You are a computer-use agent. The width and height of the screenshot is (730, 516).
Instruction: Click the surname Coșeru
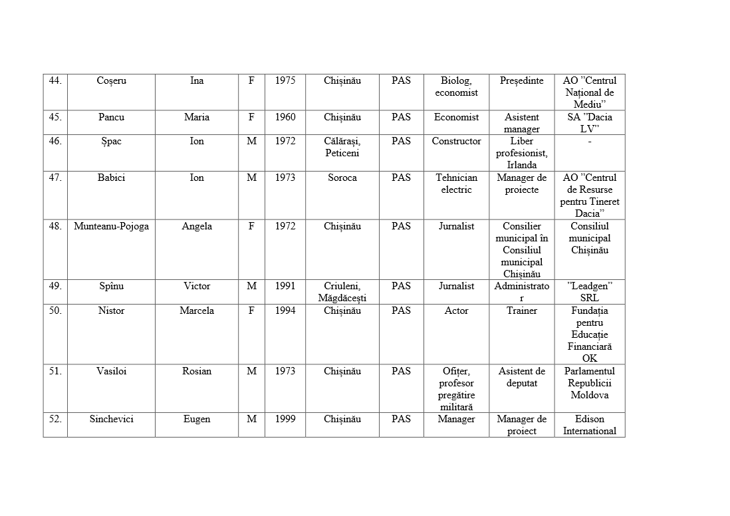click(x=111, y=81)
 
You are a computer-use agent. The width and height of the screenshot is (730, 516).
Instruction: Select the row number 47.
click(x=55, y=178)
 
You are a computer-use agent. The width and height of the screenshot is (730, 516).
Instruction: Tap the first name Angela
click(x=197, y=227)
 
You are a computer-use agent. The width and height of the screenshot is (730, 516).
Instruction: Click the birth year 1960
click(x=285, y=118)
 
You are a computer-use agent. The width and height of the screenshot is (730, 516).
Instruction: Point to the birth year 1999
click(x=285, y=420)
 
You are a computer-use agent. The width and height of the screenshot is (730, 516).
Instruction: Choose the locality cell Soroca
click(x=342, y=178)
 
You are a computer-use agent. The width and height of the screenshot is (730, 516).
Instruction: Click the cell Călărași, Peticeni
click(x=342, y=148)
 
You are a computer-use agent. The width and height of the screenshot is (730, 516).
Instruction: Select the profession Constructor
click(x=456, y=142)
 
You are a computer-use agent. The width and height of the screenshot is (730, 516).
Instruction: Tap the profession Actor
click(x=456, y=311)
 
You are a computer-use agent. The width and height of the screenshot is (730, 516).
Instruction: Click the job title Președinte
click(x=522, y=81)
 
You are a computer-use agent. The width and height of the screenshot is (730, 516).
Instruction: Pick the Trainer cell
click(x=522, y=311)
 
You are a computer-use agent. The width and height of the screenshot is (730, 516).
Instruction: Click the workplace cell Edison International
click(x=590, y=425)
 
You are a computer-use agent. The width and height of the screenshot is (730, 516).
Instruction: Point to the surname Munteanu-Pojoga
click(x=111, y=227)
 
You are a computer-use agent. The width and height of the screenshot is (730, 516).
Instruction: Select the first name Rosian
click(x=197, y=372)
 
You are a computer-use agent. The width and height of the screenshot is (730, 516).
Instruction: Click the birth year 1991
click(x=285, y=287)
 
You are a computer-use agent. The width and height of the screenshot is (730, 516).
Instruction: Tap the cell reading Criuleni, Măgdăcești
click(x=342, y=293)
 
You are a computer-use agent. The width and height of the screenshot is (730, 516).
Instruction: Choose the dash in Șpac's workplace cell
click(x=590, y=142)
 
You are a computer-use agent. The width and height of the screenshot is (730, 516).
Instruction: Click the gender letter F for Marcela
click(x=251, y=311)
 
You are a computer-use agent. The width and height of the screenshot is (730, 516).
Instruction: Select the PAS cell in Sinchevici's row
click(x=401, y=420)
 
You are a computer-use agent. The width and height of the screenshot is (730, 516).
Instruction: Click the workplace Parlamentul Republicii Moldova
click(x=590, y=383)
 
